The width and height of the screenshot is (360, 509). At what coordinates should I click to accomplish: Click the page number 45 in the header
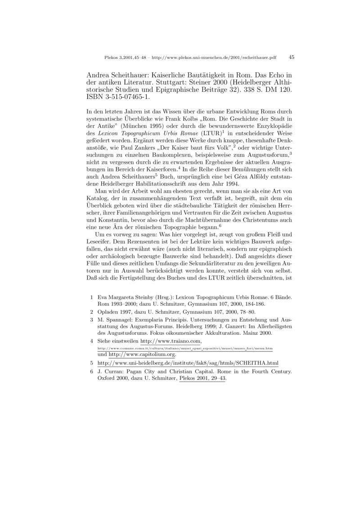click(x=291, y=58)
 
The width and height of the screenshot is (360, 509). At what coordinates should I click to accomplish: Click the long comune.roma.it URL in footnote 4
click(x=185, y=349)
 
